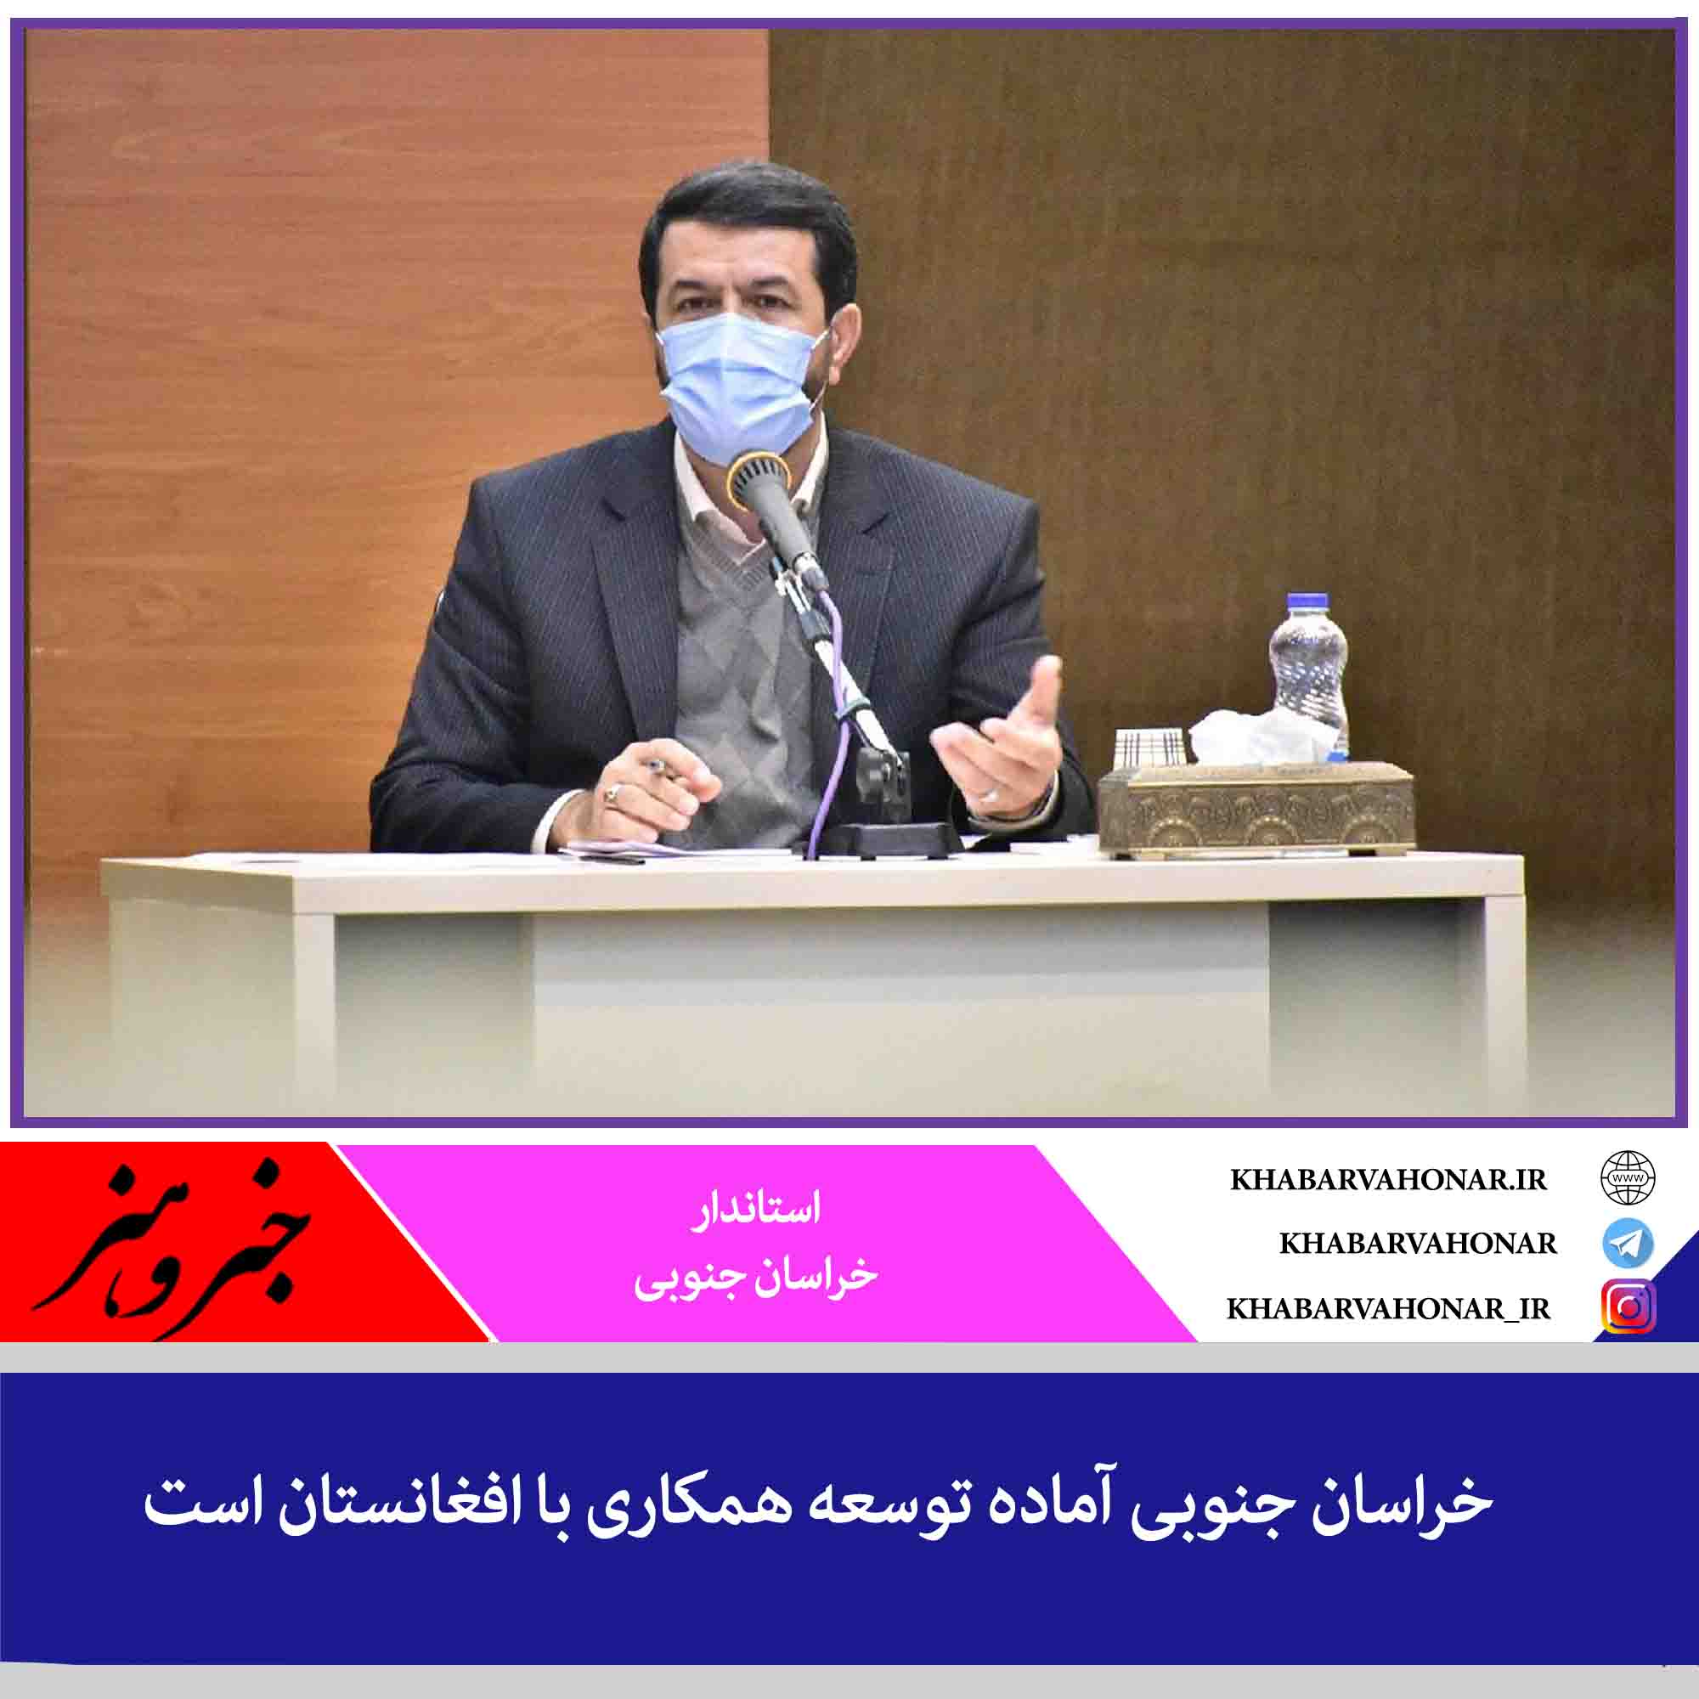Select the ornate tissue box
(x=1256, y=806)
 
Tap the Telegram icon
(x=1628, y=1243)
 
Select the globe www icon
(x=1628, y=1178)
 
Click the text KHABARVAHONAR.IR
(x=1388, y=1180)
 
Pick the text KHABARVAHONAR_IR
(x=1389, y=1309)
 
